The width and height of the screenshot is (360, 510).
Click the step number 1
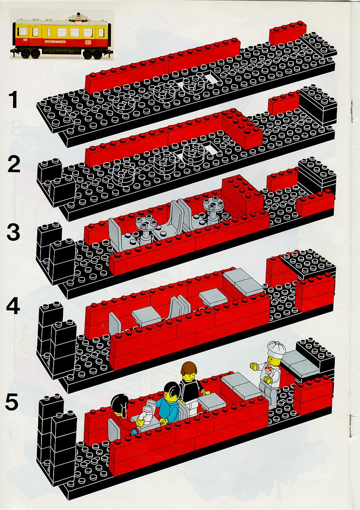13,100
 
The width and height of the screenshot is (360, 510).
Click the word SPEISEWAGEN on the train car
55,41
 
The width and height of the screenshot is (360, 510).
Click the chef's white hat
276,348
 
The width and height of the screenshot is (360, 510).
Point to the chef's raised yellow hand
254,366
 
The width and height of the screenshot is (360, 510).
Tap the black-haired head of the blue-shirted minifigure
171,392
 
